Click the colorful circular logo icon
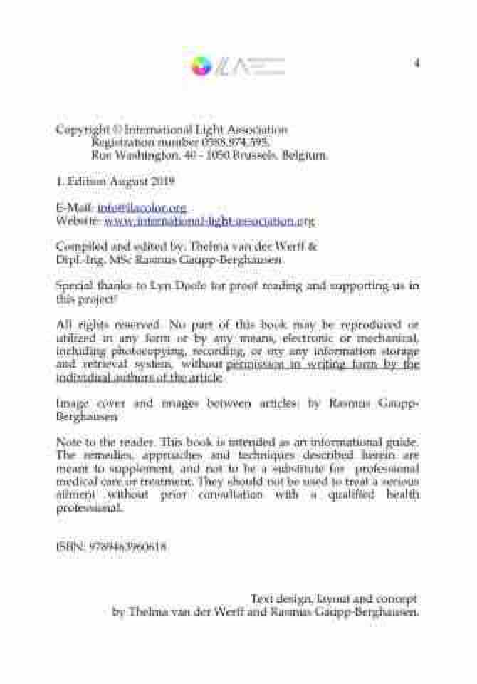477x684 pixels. (x=201, y=66)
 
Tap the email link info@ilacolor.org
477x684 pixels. (x=142, y=208)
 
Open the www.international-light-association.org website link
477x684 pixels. (x=209, y=221)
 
